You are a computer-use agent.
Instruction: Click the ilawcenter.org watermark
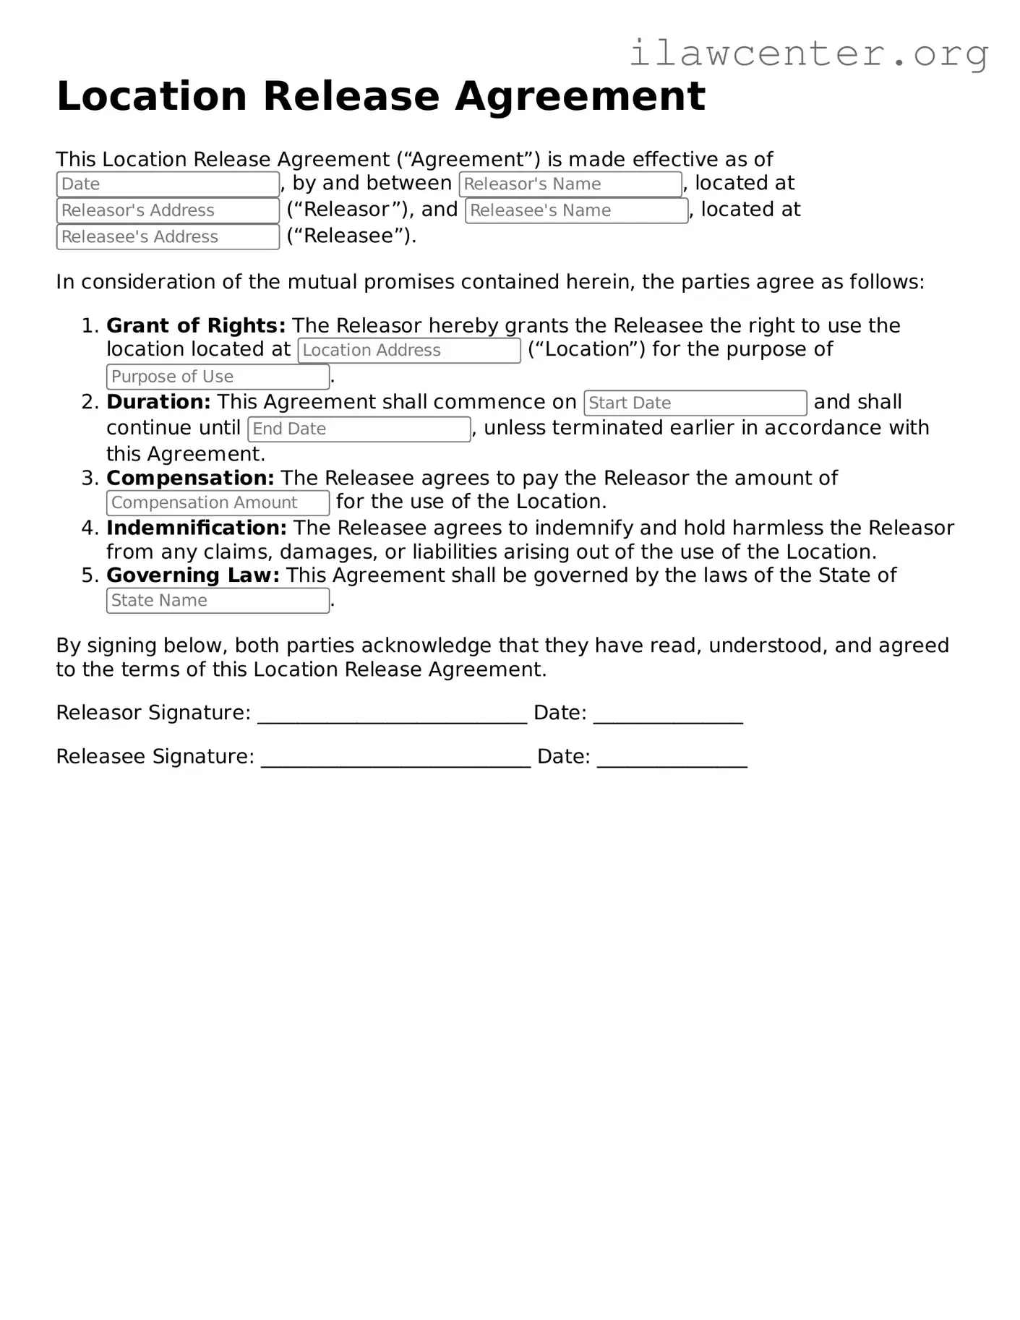[808, 53]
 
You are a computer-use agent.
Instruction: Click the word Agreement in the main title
[580, 96]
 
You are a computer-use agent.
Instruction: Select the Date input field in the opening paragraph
[168, 184]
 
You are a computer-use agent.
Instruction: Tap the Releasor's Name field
[570, 184]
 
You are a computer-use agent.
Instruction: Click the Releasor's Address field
[168, 210]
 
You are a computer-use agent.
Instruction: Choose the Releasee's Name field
[576, 210]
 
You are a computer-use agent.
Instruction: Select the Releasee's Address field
[168, 237]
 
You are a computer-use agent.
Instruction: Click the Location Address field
[409, 351]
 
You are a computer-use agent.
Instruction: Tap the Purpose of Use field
[218, 377]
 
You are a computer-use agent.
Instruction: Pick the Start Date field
[695, 403]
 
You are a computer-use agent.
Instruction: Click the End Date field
[359, 429]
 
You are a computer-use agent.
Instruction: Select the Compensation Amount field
[218, 502]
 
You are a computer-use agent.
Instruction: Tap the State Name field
[218, 601]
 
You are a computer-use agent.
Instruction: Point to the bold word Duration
[158, 402]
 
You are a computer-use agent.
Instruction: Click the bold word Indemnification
[196, 528]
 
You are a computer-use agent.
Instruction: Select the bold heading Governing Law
[192, 575]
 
